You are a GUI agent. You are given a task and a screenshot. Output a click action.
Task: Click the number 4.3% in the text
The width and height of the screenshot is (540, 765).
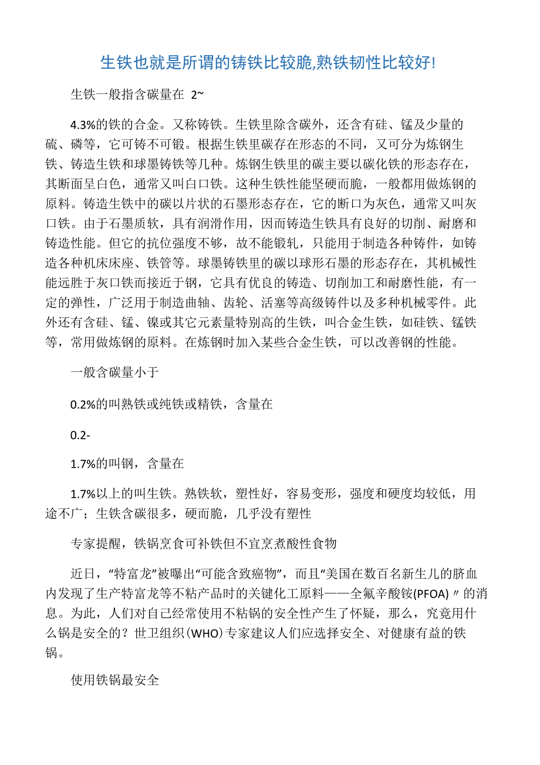pyautogui.click(x=83, y=125)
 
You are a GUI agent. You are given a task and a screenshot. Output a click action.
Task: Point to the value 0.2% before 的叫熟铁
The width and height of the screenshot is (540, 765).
pyautogui.click(x=81, y=405)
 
